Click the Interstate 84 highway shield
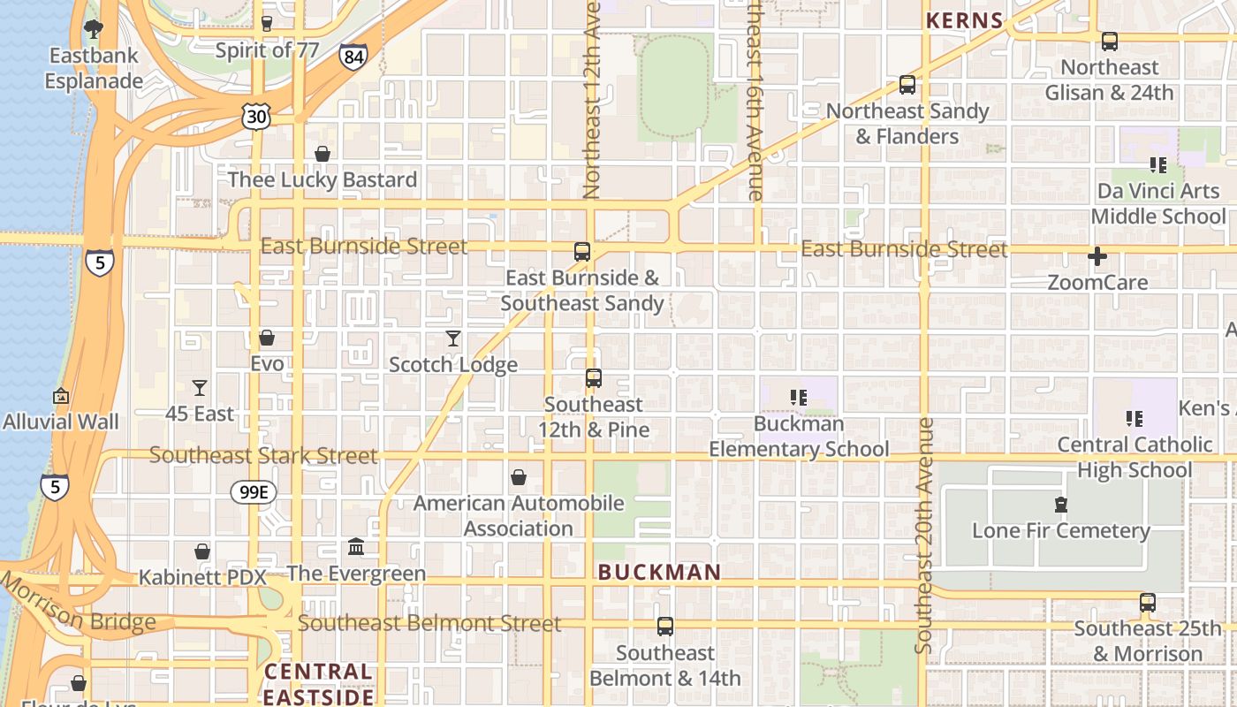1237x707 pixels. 353,57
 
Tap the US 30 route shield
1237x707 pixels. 256,116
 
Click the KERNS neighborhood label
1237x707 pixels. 964,21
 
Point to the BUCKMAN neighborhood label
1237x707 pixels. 659,573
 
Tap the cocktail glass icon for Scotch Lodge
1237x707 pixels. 453,338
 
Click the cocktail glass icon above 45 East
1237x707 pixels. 200,388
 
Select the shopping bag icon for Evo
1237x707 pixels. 267,338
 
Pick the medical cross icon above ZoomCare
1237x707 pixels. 1097,257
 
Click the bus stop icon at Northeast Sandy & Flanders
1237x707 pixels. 907,85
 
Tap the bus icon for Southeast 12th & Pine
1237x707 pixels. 594,378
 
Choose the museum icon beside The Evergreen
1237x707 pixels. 356,547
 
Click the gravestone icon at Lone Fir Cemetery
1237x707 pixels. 1060,505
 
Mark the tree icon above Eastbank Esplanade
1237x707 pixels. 94,29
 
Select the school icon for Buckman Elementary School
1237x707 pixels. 799,398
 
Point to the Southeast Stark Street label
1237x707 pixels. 263,455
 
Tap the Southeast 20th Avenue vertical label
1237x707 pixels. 924,536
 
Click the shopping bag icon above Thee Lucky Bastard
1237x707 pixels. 323,154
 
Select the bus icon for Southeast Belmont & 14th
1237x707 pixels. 665,627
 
